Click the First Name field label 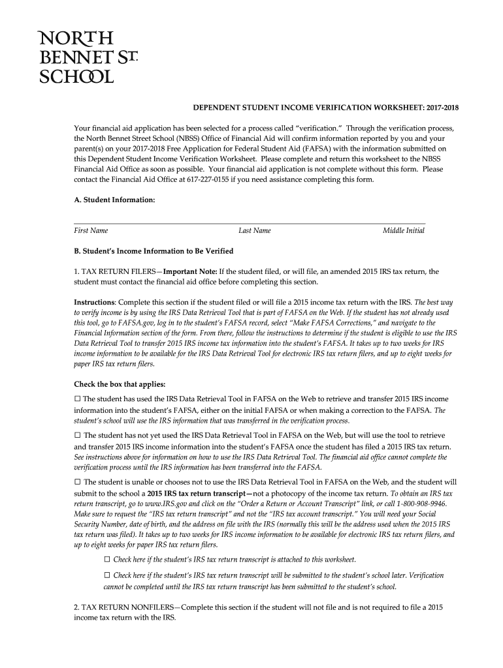click(x=91, y=230)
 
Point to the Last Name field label click(x=255, y=230)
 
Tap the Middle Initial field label click(x=404, y=230)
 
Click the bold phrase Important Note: click(x=190, y=271)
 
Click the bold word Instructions click(x=94, y=303)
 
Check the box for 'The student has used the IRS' click(x=77, y=399)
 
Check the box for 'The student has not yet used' click(x=78, y=435)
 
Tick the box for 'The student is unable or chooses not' click(x=78, y=481)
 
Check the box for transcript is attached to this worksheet click(x=108, y=560)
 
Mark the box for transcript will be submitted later click(x=108, y=575)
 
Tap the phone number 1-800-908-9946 click(x=422, y=504)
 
